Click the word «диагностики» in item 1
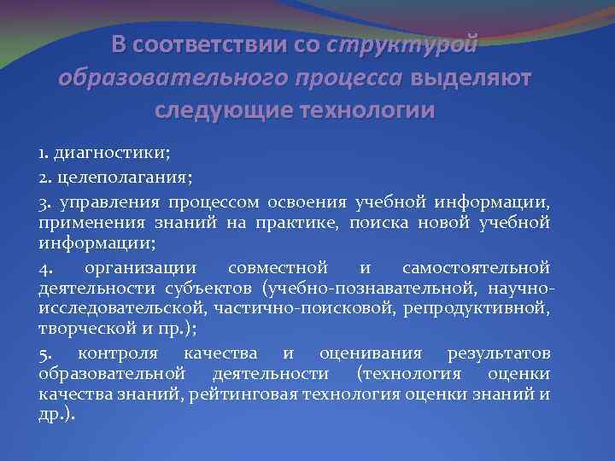[x=111, y=154]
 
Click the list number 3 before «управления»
[x=43, y=201]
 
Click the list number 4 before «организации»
[x=43, y=267]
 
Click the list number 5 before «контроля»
[x=43, y=353]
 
